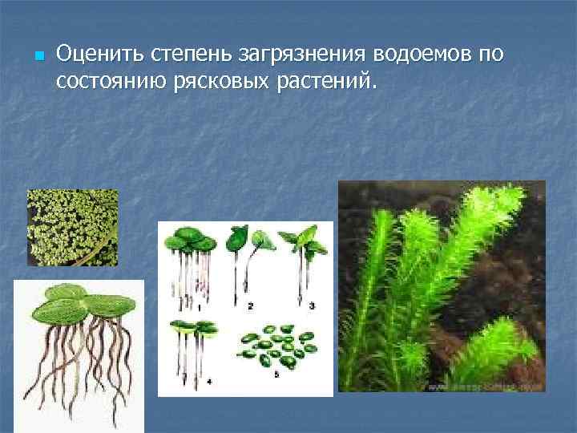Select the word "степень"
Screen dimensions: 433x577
[x=182, y=55]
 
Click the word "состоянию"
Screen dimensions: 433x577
[x=111, y=81]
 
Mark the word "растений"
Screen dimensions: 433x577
[x=329, y=81]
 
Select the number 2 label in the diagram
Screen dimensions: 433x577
[x=251, y=306]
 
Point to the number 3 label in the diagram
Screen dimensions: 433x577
[x=312, y=306]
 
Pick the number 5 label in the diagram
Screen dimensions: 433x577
[x=276, y=374]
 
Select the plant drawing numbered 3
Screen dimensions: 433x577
[x=305, y=257]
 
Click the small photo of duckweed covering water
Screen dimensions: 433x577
[x=72, y=227]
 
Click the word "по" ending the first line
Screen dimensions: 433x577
[x=491, y=55]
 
